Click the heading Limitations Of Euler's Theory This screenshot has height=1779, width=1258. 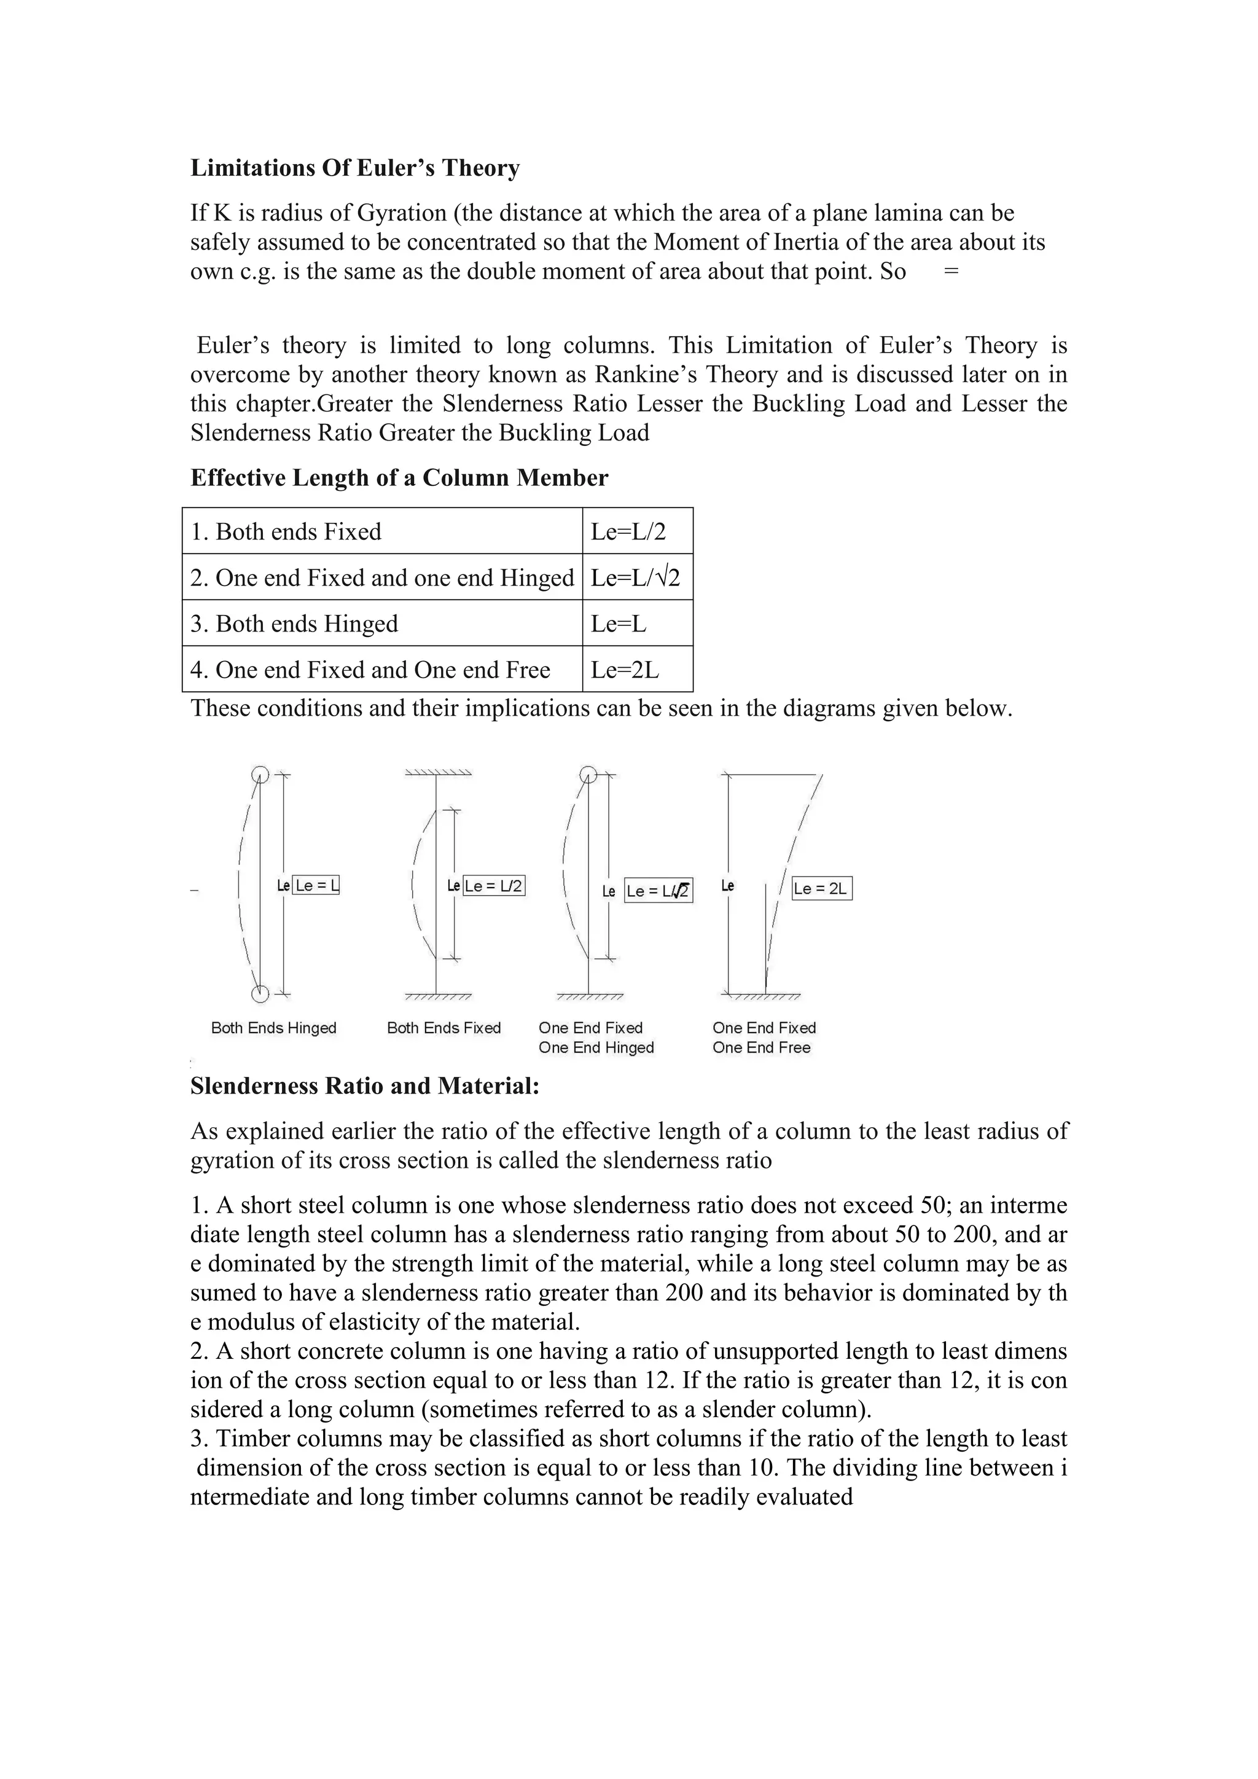[x=355, y=168]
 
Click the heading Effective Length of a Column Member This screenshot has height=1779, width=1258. [x=399, y=478]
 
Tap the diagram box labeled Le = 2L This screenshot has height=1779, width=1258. [x=821, y=889]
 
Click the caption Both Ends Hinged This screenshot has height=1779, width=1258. [x=273, y=1028]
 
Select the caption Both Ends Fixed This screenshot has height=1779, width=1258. [x=444, y=1028]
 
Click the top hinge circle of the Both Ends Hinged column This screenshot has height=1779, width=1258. [x=261, y=774]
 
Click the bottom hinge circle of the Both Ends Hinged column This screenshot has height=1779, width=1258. [x=261, y=994]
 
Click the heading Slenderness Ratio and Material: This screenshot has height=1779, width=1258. [x=364, y=1086]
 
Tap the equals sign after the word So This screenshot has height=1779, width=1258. [x=952, y=272]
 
